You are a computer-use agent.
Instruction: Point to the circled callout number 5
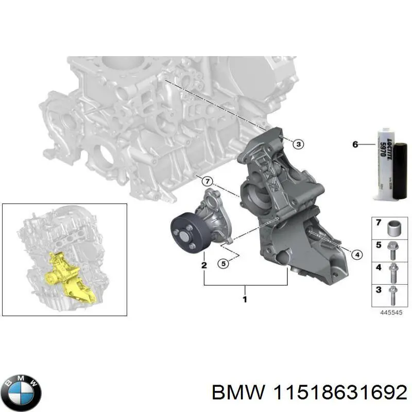(x=222, y=264)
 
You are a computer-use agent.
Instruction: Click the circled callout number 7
(x=207, y=181)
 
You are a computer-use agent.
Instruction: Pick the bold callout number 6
(x=355, y=145)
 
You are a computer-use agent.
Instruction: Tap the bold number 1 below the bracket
(x=245, y=298)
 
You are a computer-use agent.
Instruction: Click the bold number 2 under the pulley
(x=204, y=265)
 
